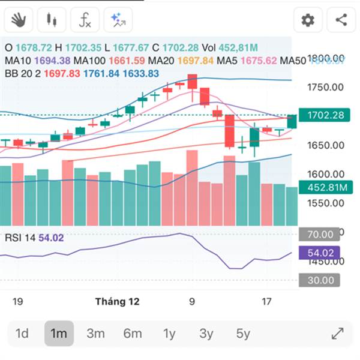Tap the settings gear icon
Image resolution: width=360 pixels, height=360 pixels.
(308, 20)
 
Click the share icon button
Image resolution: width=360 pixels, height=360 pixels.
(341, 20)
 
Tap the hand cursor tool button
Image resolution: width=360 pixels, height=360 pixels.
(19, 20)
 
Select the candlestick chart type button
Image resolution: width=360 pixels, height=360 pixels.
(52, 20)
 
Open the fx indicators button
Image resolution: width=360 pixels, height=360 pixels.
(85, 20)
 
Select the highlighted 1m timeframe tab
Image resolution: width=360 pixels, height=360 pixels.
(59, 334)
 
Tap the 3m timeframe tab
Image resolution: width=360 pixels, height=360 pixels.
(95, 334)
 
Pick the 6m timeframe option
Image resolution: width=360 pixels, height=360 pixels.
(133, 334)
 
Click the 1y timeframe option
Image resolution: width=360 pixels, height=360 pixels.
(170, 334)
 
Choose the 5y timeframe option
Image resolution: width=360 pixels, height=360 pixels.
(243, 334)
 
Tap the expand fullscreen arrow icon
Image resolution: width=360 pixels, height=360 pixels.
(337, 334)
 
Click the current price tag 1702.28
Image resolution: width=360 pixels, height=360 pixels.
(325, 115)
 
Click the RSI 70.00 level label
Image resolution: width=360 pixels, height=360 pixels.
(320, 235)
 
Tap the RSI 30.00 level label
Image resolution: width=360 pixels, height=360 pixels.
(320, 280)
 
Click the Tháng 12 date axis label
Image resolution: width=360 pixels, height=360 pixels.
(118, 302)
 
